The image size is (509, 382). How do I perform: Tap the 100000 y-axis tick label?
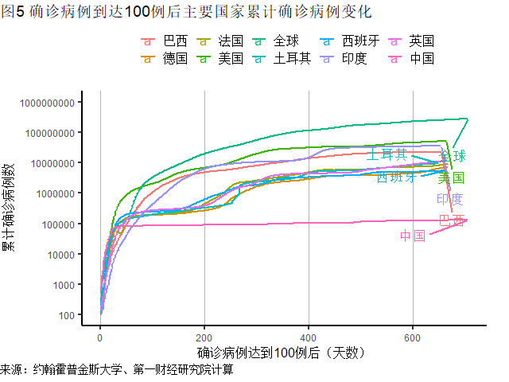[x=52, y=224]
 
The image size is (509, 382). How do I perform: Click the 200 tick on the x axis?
[x=204, y=337]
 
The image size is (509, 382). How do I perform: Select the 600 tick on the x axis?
[x=413, y=337]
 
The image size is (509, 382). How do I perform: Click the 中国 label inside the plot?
[x=413, y=236]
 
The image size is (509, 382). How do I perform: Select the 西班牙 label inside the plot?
[x=396, y=177]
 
